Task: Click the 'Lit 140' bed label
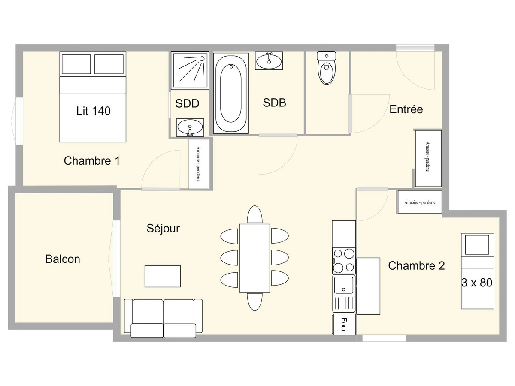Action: point(93,111)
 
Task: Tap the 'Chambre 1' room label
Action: point(92,161)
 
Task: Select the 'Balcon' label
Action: point(63,259)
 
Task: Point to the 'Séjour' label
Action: point(163,229)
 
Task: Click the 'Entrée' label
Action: point(406,109)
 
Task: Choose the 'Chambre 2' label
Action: point(416,265)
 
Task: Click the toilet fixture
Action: point(326,68)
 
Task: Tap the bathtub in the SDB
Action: point(231,93)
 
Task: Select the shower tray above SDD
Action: point(190,70)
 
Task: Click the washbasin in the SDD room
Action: point(190,127)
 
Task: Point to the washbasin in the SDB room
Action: point(269,61)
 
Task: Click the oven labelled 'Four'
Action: point(344,325)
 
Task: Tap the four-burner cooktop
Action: point(344,261)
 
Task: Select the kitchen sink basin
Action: point(344,285)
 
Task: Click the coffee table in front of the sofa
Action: point(163,276)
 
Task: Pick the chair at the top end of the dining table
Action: point(254,214)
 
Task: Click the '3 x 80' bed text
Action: point(477,283)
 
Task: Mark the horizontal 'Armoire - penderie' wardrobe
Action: point(420,202)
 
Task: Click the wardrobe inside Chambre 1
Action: point(199,164)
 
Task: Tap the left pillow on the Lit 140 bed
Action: point(76,64)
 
